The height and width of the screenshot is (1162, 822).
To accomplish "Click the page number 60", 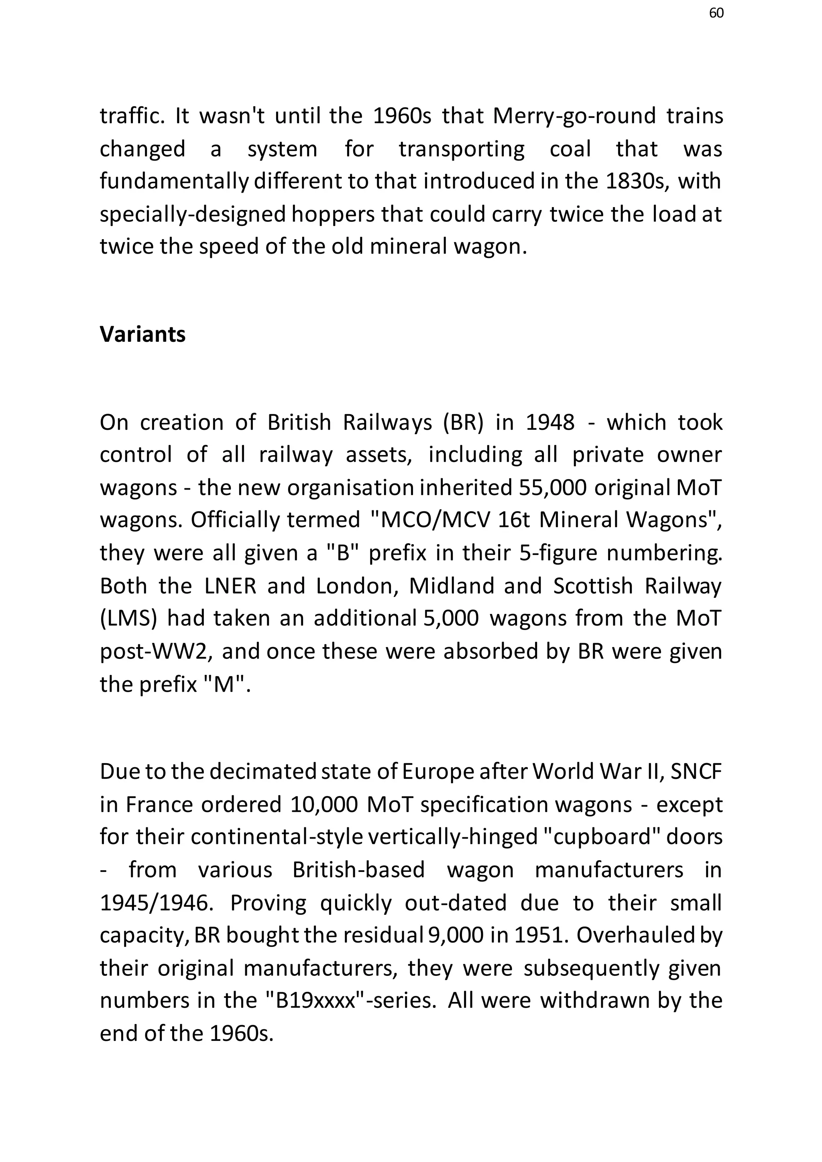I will click(716, 13).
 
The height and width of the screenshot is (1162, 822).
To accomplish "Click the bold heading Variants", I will click(143, 335).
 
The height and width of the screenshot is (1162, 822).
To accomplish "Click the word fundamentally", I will click(175, 181).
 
